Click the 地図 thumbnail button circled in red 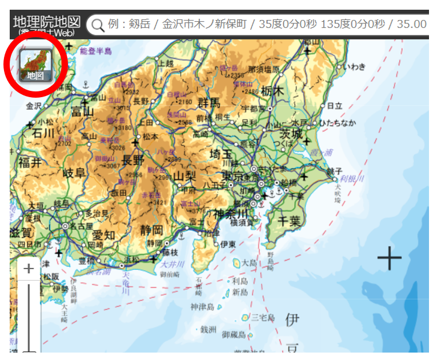[x=35, y=64]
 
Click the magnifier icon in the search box [x=98, y=25]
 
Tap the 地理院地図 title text [x=47, y=22]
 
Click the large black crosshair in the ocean [x=390, y=258]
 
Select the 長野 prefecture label [x=133, y=159]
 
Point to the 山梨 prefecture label [x=185, y=175]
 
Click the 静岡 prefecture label [x=151, y=230]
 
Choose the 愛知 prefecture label [x=103, y=235]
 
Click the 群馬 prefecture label [x=209, y=103]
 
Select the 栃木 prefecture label [x=272, y=91]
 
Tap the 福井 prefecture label [x=30, y=162]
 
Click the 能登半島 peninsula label [x=96, y=51]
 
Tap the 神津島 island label [x=202, y=307]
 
